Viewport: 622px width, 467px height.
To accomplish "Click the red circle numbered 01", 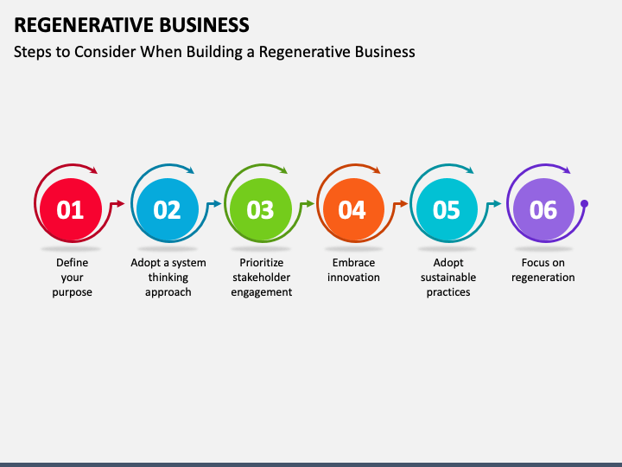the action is pos(71,209).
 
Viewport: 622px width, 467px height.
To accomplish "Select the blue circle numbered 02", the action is pos(168,209).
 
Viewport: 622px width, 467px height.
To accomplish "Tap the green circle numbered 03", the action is pos(261,209).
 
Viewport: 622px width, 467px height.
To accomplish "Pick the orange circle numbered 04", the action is pos(353,209).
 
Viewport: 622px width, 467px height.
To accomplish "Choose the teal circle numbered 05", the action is pos(447,209).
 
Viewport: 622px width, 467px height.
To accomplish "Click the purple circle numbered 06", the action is pos(543,209).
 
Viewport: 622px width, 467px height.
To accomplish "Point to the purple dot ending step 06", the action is pos(584,204).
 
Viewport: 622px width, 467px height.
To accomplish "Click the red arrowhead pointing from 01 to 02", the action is pos(121,204).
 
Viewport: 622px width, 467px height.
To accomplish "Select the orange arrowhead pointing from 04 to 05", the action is pos(403,204).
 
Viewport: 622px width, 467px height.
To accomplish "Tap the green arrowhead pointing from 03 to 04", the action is pos(310,204).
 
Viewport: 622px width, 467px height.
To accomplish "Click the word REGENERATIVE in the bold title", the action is pos(83,25).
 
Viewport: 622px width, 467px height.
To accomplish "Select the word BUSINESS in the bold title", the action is pos(204,25).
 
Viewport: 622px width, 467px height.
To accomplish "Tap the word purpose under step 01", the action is pos(73,292).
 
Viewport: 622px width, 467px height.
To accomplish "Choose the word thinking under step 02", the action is pos(168,278).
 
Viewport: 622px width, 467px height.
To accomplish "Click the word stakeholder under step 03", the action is pos(262,278).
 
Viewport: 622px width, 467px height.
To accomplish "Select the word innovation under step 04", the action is pos(353,278).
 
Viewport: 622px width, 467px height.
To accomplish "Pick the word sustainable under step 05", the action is pos(448,278).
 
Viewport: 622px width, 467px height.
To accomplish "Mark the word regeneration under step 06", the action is pos(543,278).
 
